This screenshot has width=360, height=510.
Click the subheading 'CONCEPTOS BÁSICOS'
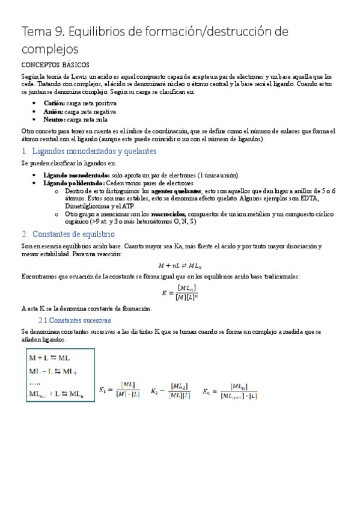click(x=55, y=64)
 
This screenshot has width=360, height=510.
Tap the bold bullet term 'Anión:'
click(x=53, y=111)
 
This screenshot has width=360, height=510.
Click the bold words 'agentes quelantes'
click(x=177, y=191)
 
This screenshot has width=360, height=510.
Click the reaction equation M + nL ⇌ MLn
click(x=180, y=265)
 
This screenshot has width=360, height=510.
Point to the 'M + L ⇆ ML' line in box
click(x=49, y=357)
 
